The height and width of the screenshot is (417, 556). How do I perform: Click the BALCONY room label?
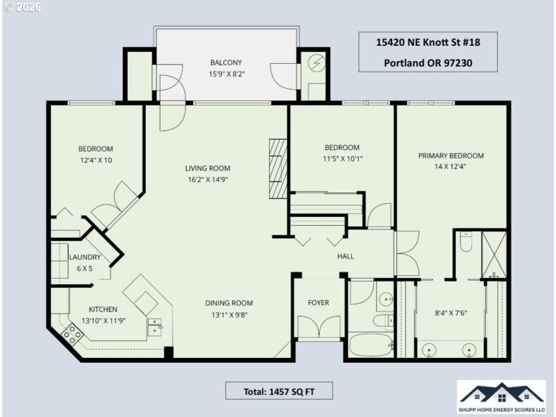pos(226,62)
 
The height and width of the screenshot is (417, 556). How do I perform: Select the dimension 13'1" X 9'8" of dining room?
pos(229,314)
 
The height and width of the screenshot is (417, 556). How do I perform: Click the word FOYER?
pos(318,302)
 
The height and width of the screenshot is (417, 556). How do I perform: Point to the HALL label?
pos(345,256)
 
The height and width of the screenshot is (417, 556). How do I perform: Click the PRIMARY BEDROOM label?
pos(450,156)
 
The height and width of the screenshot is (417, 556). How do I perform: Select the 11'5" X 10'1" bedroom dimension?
pos(342,158)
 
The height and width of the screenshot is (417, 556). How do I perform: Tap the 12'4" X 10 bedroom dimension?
pos(95,160)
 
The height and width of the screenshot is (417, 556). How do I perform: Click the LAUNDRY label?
pos(85,257)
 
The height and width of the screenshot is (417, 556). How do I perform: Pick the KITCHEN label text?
pos(103,309)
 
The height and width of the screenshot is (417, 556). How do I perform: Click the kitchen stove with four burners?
pos(73,335)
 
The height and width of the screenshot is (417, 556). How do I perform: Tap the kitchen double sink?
pos(155,325)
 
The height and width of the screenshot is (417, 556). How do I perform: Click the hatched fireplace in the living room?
pos(278,168)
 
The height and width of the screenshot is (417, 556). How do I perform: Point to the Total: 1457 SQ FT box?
pos(279,391)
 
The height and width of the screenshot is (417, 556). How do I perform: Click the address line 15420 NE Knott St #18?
pos(427,42)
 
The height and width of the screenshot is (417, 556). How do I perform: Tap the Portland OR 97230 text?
pos(427,62)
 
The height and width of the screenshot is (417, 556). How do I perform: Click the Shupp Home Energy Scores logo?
pos(501,398)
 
